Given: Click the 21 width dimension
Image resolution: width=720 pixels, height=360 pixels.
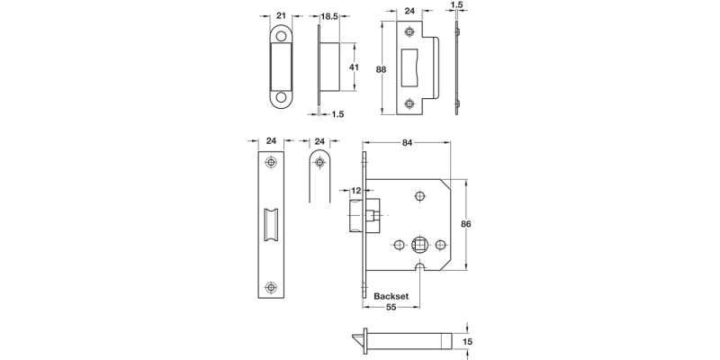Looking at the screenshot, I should click(281, 15).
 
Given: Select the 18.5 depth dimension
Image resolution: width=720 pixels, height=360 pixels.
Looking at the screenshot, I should click(329, 15).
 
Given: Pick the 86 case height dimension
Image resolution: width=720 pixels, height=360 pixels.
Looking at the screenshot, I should click(465, 224).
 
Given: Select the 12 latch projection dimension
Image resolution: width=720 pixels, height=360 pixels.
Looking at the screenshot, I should click(355, 190).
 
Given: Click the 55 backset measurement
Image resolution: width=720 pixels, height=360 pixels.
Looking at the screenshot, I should click(391, 308).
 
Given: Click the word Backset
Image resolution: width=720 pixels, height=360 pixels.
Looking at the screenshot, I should click(381, 294).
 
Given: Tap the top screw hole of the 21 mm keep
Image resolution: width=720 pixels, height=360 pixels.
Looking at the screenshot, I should click(282, 37).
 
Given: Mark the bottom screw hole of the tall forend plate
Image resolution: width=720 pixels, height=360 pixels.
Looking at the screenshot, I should click(271, 287).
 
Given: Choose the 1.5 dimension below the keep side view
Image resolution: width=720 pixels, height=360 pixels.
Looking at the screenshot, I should click(337, 114).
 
